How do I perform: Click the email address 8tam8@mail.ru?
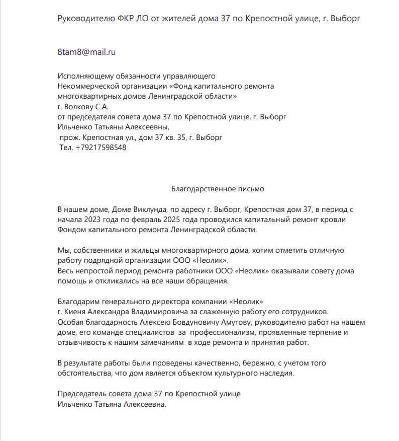87,51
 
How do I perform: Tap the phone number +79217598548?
101,148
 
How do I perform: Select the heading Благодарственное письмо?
218,189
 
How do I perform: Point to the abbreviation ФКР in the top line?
113,19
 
